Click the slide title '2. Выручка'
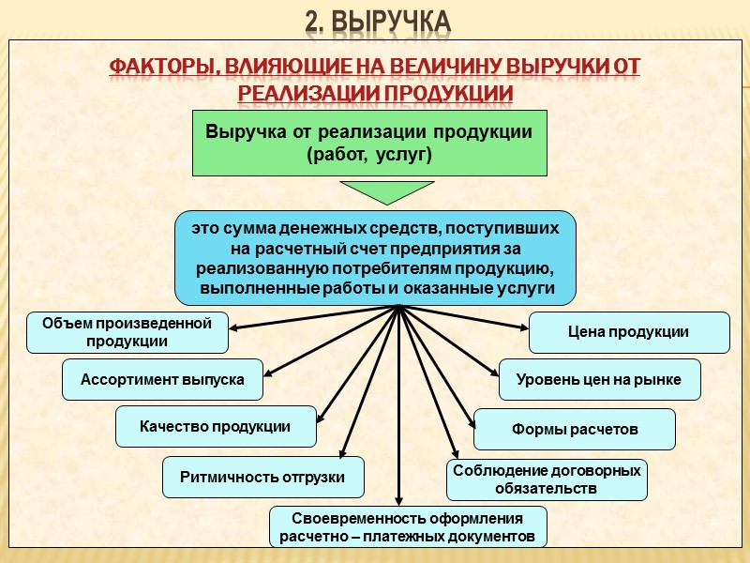click(x=378, y=21)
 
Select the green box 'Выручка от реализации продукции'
click(x=369, y=143)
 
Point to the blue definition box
click(x=375, y=258)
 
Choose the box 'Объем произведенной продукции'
click(x=127, y=332)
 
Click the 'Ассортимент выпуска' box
click(x=162, y=380)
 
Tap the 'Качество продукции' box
click(x=215, y=427)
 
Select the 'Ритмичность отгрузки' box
click(x=262, y=477)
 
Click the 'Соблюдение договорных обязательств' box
click(x=547, y=479)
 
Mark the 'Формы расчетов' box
click(x=574, y=430)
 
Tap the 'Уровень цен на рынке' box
click(x=599, y=380)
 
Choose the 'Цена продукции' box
click(x=629, y=332)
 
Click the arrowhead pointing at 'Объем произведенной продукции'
click(x=234, y=328)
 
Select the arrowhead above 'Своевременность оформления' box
click(x=399, y=500)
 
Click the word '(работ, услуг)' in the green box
click(x=369, y=154)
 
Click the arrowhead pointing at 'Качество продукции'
click(x=322, y=420)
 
